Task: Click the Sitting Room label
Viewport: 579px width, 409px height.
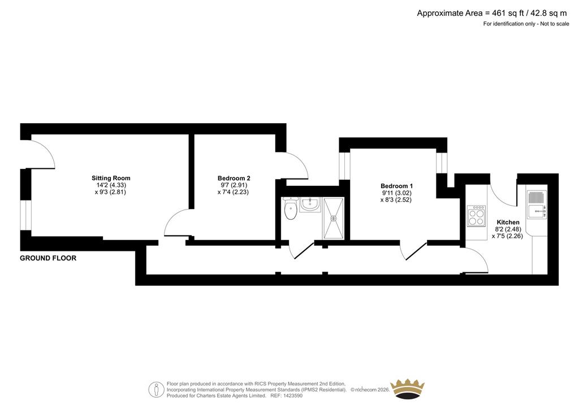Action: (111, 178)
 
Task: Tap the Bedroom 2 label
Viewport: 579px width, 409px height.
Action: (234, 178)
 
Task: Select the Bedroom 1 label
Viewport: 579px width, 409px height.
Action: (396, 186)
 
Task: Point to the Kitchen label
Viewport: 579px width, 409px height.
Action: (508, 222)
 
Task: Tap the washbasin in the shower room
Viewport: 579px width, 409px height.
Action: (310, 204)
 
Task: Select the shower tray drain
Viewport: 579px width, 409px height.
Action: (334, 218)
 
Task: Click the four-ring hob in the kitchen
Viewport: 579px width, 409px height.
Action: (476, 216)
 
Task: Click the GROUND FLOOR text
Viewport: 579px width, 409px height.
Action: (48, 258)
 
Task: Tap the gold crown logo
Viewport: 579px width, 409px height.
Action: (407, 389)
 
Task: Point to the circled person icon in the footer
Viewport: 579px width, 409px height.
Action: (157, 390)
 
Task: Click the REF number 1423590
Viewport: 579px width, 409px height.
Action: (292, 395)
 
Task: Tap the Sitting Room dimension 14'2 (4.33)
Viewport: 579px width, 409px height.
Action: (109, 185)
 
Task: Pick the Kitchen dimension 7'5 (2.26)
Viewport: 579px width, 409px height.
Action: (507, 236)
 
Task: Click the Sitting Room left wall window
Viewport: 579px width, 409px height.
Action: (26, 215)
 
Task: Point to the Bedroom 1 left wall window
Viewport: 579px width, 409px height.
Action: (344, 166)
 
